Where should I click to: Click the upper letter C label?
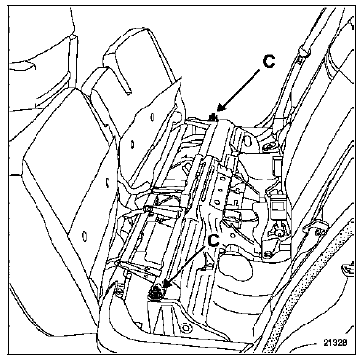coord(269,62)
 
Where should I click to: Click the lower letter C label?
coord(213,240)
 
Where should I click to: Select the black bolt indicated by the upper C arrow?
coord(214,117)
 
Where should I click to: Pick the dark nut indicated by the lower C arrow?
coord(156,292)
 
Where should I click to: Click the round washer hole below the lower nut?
coord(186,328)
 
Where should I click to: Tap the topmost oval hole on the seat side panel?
coord(153,116)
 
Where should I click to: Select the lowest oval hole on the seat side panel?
coord(84,235)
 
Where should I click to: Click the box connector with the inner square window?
coord(278,207)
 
